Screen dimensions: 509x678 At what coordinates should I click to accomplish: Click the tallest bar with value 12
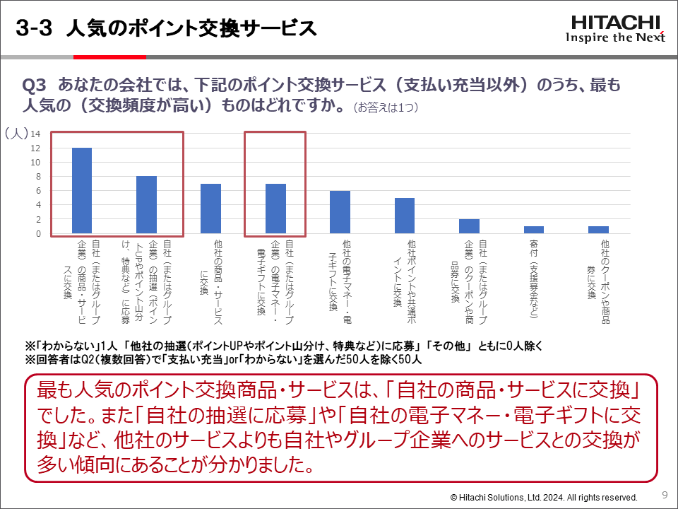pyautogui.click(x=82, y=190)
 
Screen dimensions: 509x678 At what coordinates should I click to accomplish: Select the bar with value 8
pyautogui.click(x=146, y=204)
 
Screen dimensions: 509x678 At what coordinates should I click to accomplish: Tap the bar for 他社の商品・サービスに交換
pyautogui.click(x=210, y=208)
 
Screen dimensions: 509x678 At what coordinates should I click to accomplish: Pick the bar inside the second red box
pyautogui.click(x=275, y=208)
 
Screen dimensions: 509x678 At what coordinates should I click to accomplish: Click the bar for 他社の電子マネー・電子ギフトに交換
pyautogui.click(x=340, y=211)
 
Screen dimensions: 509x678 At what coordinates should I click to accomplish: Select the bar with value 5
pyautogui.click(x=404, y=215)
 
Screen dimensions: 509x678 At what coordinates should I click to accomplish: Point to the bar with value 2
pyautogui.click(x=469, y=226)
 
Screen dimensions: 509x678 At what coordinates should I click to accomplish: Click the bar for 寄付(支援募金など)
pyautogui.click(x=533, y=229)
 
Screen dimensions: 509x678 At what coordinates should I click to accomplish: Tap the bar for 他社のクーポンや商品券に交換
pyautogui.click(x=598, y=229)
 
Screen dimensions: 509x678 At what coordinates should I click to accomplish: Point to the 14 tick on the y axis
pyautogui.click(x=35, y=134)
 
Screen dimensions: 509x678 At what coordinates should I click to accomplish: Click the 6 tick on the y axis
pyautogui.click(x=37, y=191)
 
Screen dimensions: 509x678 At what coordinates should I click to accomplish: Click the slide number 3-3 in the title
pyautogui.click(x=35, y=28)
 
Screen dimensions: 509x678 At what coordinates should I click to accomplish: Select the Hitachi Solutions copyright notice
pyautogui.click(x=544, y=497)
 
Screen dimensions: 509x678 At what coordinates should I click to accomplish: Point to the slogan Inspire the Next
pyautogui.click(x=615, y=37)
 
